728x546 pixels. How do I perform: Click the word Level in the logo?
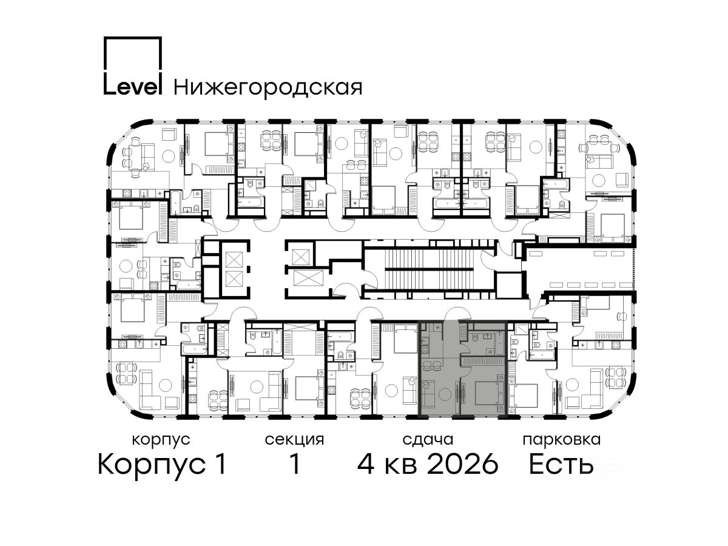[133, 87]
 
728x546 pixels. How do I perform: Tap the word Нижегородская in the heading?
[268, 88]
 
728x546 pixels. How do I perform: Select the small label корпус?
[161, 440]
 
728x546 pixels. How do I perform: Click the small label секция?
[294, 440]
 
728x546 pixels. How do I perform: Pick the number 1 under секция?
[294, 464]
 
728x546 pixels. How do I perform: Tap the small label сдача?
[428, 440]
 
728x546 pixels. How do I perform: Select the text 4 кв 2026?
[428, 464]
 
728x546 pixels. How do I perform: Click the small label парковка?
[562, 440]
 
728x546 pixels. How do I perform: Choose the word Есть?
[561, 464]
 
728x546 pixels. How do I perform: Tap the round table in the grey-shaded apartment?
[445, 394]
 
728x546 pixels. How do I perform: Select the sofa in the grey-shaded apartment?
[428, 394]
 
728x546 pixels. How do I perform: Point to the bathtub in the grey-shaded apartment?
[499, 343]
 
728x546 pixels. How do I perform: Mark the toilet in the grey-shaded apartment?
[474, 337]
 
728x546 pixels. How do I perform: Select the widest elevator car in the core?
[308, 277]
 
